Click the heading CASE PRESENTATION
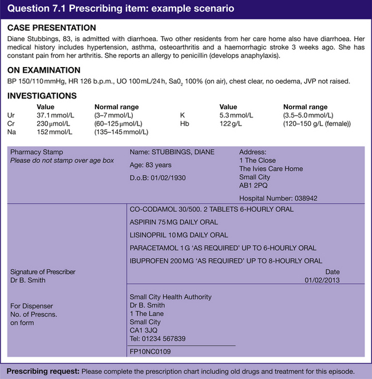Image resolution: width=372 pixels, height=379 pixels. (x=52, y=27)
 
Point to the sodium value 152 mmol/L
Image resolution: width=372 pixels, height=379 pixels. (x=54, y=132)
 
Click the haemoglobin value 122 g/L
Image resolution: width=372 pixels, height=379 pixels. (x=232, y=123)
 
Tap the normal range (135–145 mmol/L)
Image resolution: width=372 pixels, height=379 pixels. (x=121, y=132)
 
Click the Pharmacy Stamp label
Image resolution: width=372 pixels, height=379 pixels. (x=37, y=152)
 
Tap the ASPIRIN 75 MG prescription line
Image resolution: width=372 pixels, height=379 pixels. (x=174, y=222)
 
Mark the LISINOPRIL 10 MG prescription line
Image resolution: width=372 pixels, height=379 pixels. (x=179, y=235)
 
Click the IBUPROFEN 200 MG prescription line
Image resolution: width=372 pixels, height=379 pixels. (x=226, y=260)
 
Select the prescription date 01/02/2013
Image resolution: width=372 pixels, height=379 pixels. (x=322, y=280)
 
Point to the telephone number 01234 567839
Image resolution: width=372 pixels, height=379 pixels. (x=158, y=338)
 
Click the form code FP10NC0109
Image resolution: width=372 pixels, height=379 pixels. (x=151, y=351)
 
